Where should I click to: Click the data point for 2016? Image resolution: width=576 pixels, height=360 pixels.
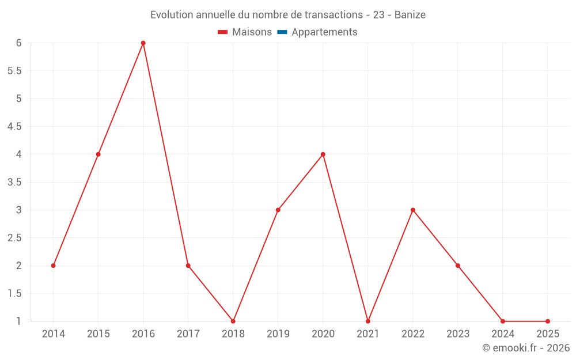[x=143, y=43]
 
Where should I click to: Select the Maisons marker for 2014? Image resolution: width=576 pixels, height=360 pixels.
[x=53, y=266]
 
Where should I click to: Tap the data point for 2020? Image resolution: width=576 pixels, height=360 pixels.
[x=323, y=154]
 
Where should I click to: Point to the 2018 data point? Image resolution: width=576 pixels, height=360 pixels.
[x=233, y=321]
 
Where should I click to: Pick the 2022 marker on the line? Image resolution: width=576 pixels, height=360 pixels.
[x=413, y=210]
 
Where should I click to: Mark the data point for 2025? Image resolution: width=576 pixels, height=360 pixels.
[x=548, y=321]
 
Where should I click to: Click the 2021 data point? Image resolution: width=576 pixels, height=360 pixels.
[x=367, y=321]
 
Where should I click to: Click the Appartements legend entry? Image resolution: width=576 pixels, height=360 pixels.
[x=324, y=32]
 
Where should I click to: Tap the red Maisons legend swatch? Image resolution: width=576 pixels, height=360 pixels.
[x=223, y=32]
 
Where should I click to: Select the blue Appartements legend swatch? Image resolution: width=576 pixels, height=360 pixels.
[x=282, y=32]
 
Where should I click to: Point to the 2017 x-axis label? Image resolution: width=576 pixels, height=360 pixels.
[x=188, y=334]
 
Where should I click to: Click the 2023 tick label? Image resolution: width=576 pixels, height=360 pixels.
[x=458, y=334]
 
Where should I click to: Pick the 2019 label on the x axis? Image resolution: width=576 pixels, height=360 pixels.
[x=278, y=334]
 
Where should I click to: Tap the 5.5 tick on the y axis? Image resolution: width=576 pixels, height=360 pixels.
[x=14, y=71]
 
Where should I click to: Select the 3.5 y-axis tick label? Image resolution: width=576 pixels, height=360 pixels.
[x=14, y=182]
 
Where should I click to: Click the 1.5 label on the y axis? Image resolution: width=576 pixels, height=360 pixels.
[x=14, y=294]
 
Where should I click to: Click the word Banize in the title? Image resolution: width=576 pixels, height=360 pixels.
[x=410, y=15]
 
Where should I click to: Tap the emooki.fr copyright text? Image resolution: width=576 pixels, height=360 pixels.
[x=526, y=348]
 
